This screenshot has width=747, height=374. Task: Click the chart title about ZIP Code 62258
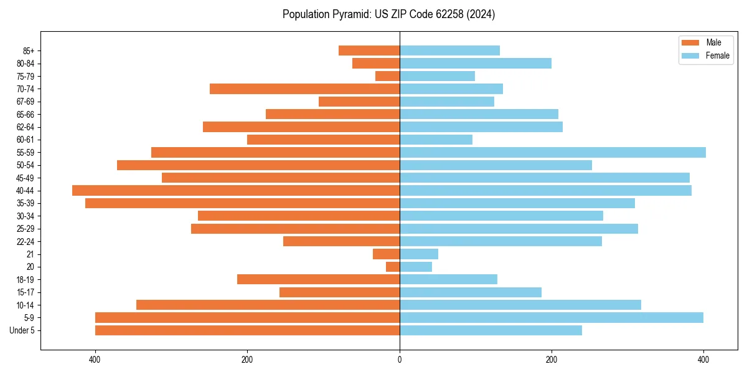pyautogui.click(x=388, y=14)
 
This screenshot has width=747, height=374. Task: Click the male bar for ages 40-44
pyautogui.click(x=236, y=190)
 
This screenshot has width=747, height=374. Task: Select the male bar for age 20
pyautogui.click(x=393, y=267)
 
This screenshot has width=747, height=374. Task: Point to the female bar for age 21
pyautogui.click(x=419, y=254)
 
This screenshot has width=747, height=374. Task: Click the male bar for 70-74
pyautogui.click(x=304, y=89)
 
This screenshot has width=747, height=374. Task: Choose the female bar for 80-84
pyautogui.click(x=475, y=63)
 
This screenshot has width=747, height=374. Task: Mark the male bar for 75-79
pyautogui.click(x=387, y=76)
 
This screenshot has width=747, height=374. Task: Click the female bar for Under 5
pyautogui.click(x=491, y=330)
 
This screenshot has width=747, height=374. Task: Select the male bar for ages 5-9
pyautogui.click(x=247, y=317)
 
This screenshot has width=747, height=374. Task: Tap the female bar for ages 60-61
pyautogui.click(x=436, y=140)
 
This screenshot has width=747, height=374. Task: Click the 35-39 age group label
pyautogui.click(x=26, y=203)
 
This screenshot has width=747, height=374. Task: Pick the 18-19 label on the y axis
pyautogui.click(x=26, y=279)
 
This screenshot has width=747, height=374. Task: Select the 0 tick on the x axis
pyautogui.click(x=400, y=360)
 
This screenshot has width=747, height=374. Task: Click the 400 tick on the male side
pyautogui.click(x=95, y=360)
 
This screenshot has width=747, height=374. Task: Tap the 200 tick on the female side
pyautogui.click(x=552, y=360)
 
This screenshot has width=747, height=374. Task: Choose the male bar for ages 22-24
pyautogui.click(x=341, y=241)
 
